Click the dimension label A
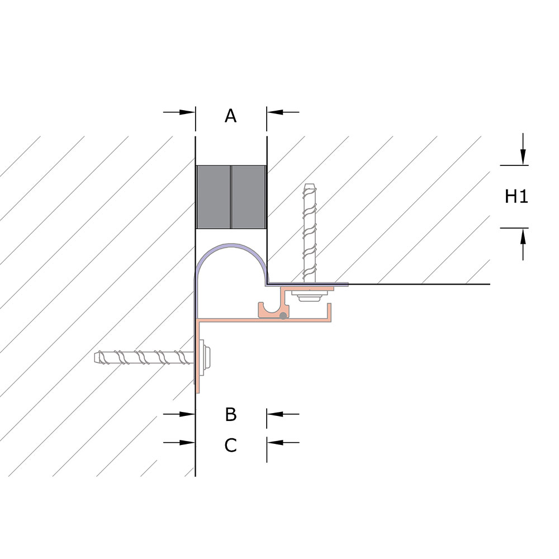click(x=230, y=116)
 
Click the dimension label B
click(x=231, y=414)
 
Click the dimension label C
click(x=231, y=446)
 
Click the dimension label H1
click(x=516, y=196)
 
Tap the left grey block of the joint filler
click(x=213, y=197)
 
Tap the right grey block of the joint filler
click(x=249, y=197)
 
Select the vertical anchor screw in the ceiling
click(x=310, y=233)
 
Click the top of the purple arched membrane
click(x=232, y=245)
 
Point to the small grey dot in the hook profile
click(x=283, y=316)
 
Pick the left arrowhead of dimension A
click(x=187, y=112)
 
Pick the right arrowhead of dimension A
click(x=275, y=112)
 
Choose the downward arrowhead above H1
click(x=523, y=157)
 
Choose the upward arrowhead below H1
click(x=523, y=236)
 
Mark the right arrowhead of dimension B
click(x=275, y=414)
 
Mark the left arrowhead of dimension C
click(x=187, y=443)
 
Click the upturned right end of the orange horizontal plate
click(x=329, y=312)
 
